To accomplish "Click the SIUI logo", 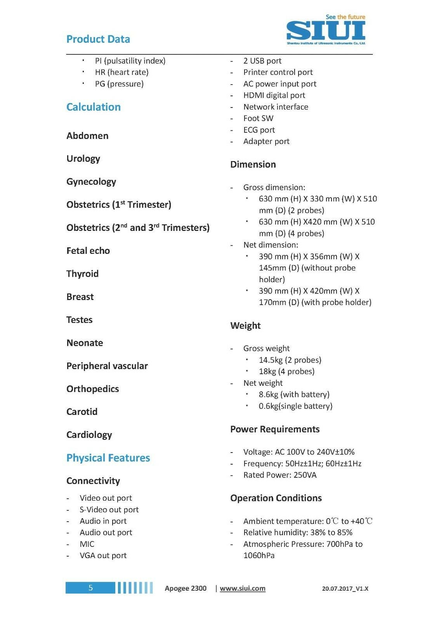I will (326, 30).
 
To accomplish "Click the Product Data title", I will (98, 39).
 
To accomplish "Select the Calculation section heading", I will (94, 107).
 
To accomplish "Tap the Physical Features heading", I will (108, 458).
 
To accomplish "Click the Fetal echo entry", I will (88, 251).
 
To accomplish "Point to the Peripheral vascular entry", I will (107, 366).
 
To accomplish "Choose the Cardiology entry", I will (89, 435).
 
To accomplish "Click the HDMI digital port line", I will (274, 95).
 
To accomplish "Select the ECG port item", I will (259, 130).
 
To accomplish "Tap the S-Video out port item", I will (109, 510).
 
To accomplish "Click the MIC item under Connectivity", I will (87, 544).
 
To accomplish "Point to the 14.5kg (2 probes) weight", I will (290, 360).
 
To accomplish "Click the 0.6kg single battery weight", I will (295, 406).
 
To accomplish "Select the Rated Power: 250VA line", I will (280, 475).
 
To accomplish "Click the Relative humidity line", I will (298, 533).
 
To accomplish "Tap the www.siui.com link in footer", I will (243, 588).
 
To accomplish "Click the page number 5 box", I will (90, 588).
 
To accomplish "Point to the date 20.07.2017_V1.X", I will (345, 589).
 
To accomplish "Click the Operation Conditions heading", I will (276, 498).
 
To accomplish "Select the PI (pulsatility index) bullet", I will (130, 61).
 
